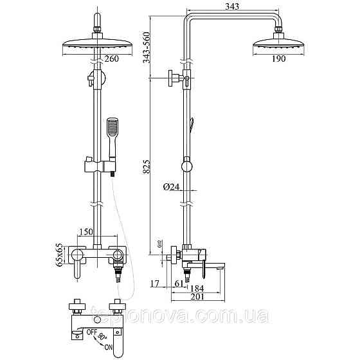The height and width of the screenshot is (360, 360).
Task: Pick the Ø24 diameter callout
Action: pos(172,187)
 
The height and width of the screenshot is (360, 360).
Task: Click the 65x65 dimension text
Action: pos(59,255)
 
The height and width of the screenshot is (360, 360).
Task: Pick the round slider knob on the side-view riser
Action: pos(186,166)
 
